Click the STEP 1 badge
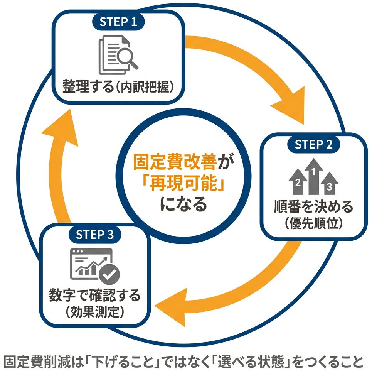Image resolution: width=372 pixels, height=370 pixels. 118,22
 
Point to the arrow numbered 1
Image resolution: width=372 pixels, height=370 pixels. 314,176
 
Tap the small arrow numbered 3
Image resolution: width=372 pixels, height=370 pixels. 329,184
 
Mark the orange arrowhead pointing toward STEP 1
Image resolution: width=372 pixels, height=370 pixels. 60,125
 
